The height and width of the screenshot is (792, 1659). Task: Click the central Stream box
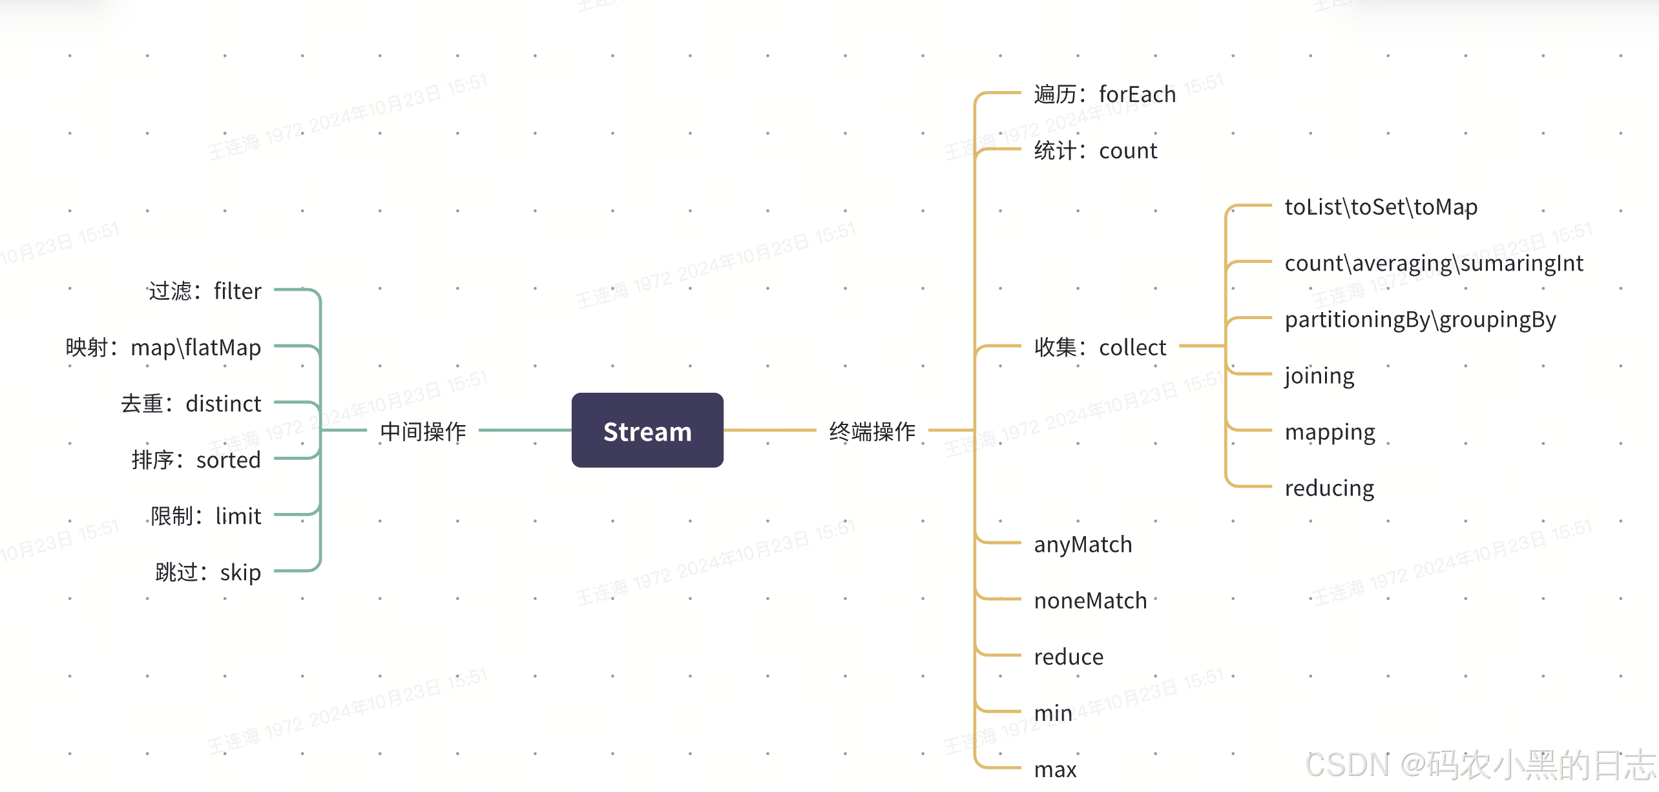[x=647, y=430]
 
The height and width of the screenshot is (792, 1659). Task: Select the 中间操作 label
[x=423, y=431]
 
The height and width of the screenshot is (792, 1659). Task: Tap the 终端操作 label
[x=872, y=431]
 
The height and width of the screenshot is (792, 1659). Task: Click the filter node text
[x=205, y=291]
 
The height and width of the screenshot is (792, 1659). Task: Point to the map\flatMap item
[x=163, y=348]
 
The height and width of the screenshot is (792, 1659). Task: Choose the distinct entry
[x=191, y=404]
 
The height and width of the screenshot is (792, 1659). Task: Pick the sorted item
[x=196, y=460]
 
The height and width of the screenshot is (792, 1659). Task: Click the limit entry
[x=205, y=516]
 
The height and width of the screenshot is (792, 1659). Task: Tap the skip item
[x=208, y=572]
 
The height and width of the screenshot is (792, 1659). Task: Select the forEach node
[x=1105, y=94]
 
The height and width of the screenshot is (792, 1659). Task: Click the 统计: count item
[x=1096, y=151]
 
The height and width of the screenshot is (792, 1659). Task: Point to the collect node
[x=1100, y=348]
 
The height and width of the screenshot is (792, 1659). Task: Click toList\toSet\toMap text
[x=1381, y=207]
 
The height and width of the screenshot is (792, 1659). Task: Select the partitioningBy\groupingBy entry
[x=1420, y=320]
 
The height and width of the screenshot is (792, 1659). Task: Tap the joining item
[x=1319, y=376]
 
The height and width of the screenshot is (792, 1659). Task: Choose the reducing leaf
[x=1329, y=488]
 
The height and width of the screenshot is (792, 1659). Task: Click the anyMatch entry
[x=1083, y=545]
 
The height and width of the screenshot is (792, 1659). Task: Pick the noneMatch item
[x=1090, y=601]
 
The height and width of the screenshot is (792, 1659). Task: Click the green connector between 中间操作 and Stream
[x=525, y=430]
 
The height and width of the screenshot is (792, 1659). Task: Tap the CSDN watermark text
[x=1479, y=765]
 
